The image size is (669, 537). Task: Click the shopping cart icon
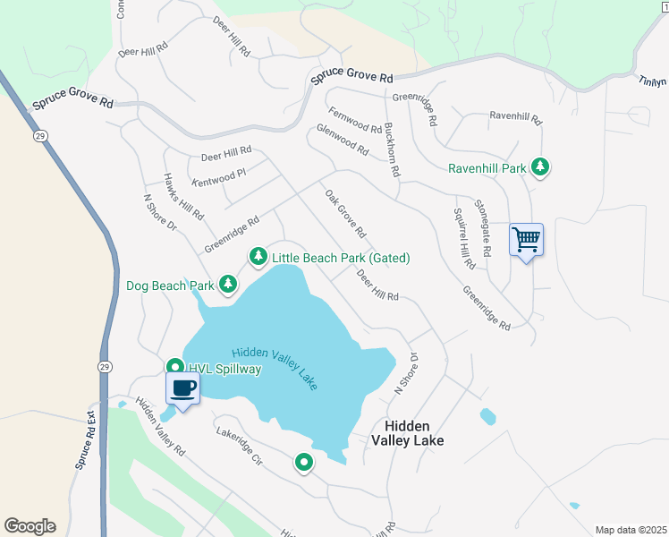point(526,240)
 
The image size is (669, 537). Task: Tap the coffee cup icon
point(182,388)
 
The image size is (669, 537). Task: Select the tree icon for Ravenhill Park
point(539,167)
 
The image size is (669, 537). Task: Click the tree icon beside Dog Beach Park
point(228,285)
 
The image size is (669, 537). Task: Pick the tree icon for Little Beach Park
point(258,258)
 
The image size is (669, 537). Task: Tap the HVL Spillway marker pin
point(175,368)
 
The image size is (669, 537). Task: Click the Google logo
point(30,526)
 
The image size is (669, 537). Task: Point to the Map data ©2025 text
point(630,530)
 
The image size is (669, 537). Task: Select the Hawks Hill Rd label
point(182,197)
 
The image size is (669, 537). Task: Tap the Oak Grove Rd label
point(345,214)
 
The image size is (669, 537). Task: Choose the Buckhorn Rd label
point(391,148)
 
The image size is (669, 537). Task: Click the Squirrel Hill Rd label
point(463,239)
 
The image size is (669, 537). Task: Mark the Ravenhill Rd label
point(516,116)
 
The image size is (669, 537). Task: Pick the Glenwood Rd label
point(343,141)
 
